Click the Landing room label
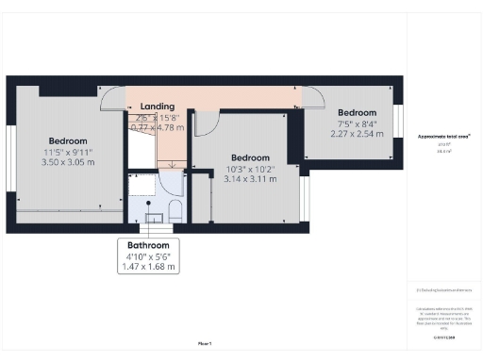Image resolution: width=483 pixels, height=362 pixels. point(156,107)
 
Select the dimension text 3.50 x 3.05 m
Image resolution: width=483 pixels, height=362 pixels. point(68,162)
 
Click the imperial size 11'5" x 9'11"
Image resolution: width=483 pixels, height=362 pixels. point(68,152)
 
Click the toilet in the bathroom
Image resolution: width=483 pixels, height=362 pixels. point(176,209)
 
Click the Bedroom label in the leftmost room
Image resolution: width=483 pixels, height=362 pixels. point(68,140)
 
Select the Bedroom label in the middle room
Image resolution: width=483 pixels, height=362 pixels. point(250,157)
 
